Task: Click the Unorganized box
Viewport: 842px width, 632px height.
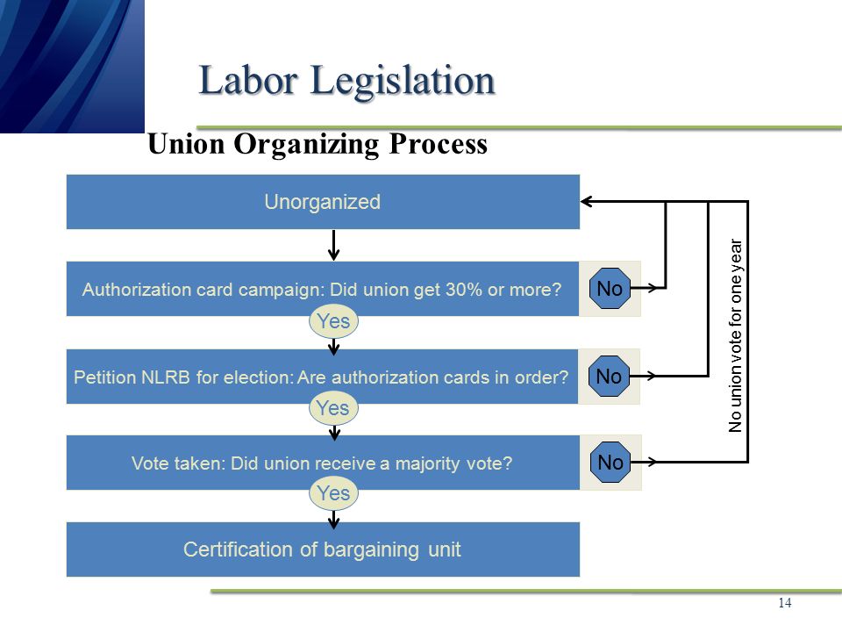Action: coord(323,202)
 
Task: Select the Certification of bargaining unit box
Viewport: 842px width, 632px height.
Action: coord(323,549)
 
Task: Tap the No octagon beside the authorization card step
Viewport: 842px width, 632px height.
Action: coord(610,289)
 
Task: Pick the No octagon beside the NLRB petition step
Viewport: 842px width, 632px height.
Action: coord(609,377)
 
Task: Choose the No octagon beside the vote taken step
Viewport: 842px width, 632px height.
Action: coord(610,463)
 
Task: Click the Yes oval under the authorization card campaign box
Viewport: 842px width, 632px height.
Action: coord(333,321)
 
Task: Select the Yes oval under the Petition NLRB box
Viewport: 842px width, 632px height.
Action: coord(333,408)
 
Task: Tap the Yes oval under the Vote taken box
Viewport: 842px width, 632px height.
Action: coord(333,493)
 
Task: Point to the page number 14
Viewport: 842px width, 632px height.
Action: coord(784,603)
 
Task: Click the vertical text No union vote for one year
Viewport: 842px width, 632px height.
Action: coord(735,336)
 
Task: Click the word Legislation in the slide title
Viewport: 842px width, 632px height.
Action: coord(403,81)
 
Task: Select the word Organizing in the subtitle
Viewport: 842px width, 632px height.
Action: coord(305,145)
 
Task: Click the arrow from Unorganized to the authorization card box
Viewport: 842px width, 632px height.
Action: coord(334,246)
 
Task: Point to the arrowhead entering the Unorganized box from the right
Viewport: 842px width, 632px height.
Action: coord(586,202)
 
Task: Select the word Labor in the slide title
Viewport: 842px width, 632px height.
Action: coord(248,80)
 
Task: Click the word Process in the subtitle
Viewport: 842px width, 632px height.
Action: coord(439,144)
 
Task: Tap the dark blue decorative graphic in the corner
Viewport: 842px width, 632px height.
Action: coord(72,66)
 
